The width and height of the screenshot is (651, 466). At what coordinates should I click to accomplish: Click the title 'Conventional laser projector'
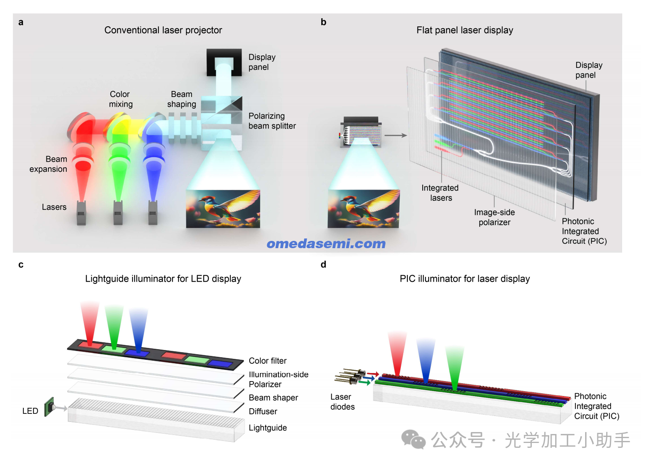[x=163, y=30]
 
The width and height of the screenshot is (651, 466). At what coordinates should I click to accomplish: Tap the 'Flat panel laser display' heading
[x=465, y=30]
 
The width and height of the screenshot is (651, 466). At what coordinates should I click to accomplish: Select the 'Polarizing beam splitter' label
[x=272, y=121]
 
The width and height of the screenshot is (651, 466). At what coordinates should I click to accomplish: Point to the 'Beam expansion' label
[x=48, y=164]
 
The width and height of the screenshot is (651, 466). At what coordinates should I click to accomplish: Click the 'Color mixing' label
[x=120, y=99]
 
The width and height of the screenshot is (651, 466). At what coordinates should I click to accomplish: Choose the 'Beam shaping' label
[x=181, y=99]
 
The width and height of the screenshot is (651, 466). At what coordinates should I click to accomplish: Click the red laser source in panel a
[x=82, y=213]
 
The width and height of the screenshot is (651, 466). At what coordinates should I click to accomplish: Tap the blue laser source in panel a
[x=153, y=213]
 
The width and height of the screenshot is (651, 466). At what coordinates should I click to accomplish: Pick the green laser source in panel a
[x=118, y=213]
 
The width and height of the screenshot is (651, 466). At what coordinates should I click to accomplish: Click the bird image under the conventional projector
[x=223, y=209]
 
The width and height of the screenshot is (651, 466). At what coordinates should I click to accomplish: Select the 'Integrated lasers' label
[x=440, y=193]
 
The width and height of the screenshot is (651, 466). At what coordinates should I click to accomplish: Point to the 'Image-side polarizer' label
[x=494, y=217]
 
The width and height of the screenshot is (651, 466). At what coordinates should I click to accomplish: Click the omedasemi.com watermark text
[x=326, y=244]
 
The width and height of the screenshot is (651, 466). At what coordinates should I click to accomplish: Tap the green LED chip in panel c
[x=49, y=407]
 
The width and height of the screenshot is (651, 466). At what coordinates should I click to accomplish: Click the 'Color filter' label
[x=268, y=361]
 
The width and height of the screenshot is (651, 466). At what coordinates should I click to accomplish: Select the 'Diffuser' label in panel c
[x=263, y=411]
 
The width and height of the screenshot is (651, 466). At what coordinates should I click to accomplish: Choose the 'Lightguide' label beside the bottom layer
[x=268, y=428]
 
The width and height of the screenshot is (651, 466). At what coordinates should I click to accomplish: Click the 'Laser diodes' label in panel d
[x=342, y=402]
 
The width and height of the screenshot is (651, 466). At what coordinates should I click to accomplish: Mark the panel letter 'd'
[x=323, y=264]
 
